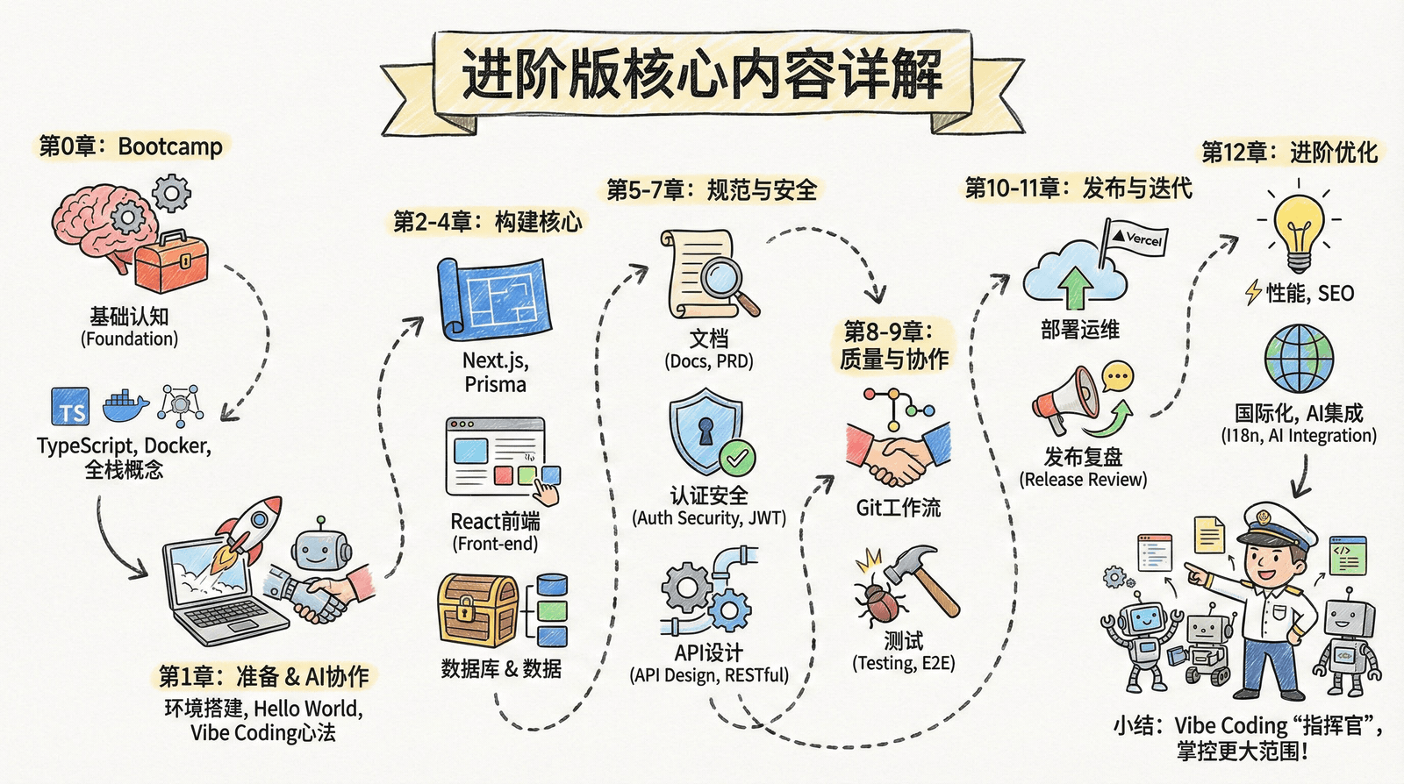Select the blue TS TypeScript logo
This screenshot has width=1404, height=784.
70,406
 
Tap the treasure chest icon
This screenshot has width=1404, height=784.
477,610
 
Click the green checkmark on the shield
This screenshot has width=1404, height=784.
737,457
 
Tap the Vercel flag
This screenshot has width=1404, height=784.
1135,238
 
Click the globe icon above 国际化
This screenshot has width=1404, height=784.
1299,360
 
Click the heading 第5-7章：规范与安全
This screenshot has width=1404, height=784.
712,189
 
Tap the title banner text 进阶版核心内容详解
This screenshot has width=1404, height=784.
702,75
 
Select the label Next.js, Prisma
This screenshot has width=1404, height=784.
496,372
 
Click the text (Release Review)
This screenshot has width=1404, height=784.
1083,480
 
